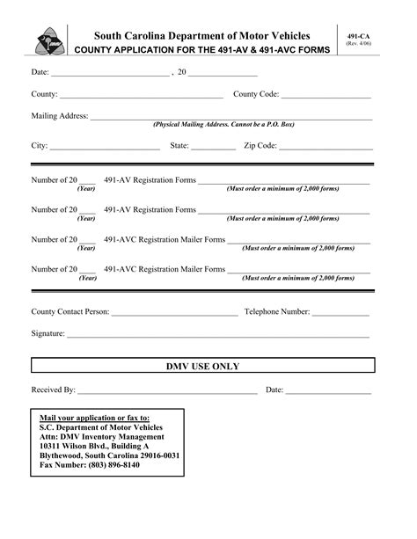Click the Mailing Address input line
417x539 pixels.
231,118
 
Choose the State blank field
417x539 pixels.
214,148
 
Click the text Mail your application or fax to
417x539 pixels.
95,418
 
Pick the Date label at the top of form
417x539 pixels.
40,71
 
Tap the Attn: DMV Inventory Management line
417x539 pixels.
102,436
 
